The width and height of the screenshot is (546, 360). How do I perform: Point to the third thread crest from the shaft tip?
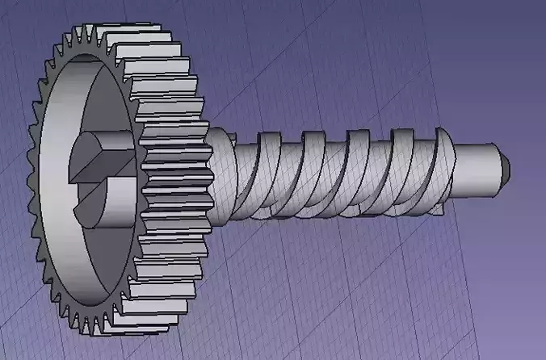(x=355, y=165)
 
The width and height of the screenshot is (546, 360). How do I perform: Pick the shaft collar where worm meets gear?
(x=220, y=174)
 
